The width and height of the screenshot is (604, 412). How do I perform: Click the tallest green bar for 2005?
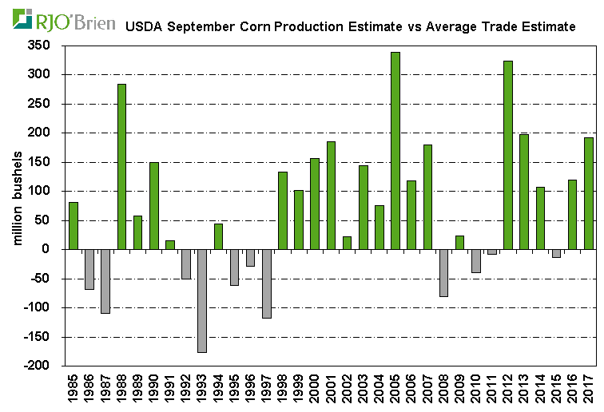pos(395,151)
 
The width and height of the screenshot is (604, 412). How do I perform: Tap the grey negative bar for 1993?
pos(202,300)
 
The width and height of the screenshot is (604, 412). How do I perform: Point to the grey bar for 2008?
pos(443,272)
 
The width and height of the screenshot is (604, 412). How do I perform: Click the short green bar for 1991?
pos(170,244)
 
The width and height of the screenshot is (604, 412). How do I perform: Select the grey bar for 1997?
pos(267,283)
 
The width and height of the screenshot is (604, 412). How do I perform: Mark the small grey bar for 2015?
pos(556,253)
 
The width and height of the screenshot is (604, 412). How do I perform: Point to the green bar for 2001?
pos(331,195)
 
